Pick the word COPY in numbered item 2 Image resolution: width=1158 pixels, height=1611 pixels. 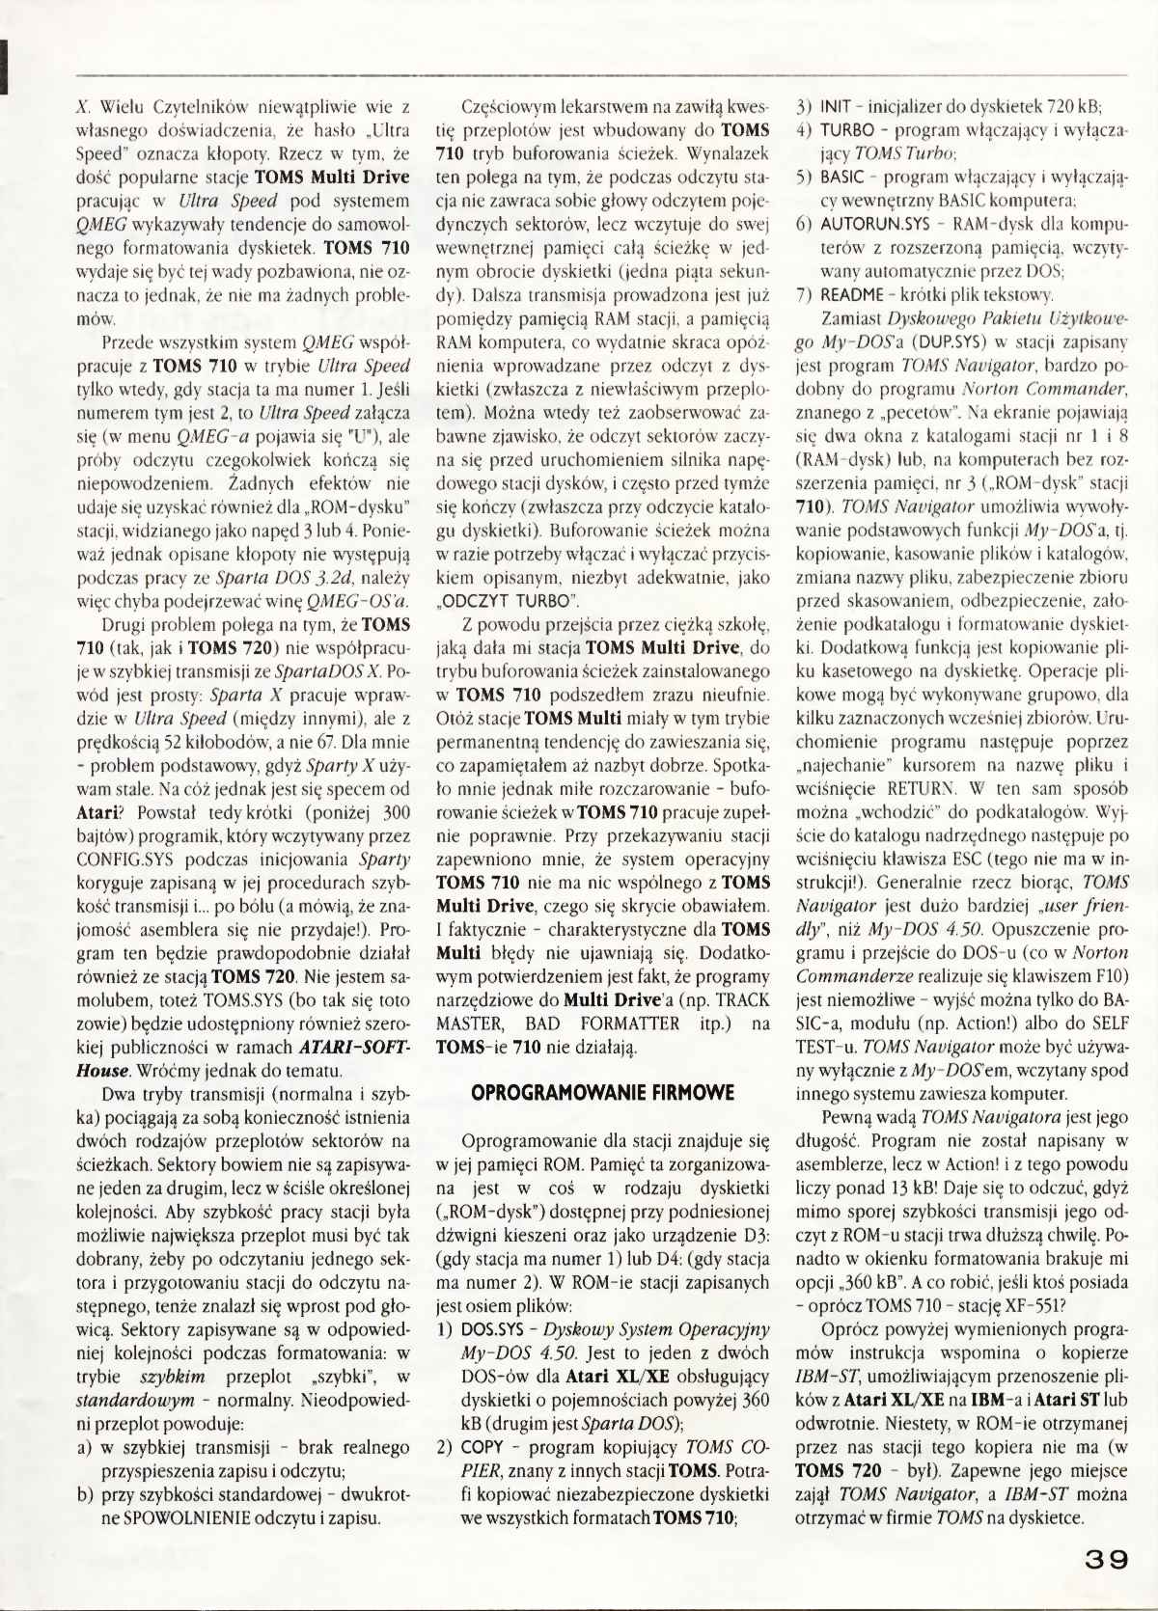click(482, 1446)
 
